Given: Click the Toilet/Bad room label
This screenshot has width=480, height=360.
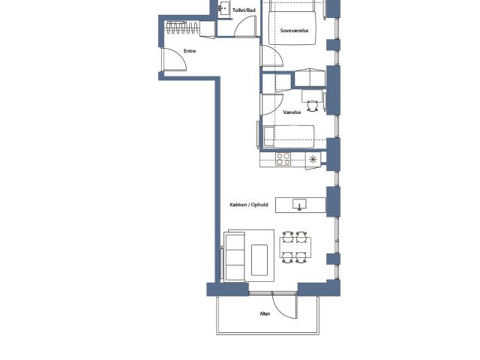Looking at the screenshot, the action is click(244, 10).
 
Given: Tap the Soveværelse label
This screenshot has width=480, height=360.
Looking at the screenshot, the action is click(294, 31).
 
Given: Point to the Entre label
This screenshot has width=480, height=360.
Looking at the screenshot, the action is click(190, 51).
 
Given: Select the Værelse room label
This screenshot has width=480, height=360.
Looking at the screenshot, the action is click(292, 112).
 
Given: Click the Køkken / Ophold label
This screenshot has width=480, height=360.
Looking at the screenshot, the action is click(249, 205).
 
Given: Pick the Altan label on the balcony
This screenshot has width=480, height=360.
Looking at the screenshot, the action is click(265, 313).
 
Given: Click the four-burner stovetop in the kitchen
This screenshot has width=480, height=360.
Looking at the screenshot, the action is click(283, 159).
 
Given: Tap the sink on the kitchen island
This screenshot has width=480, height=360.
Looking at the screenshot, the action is click(299, 205).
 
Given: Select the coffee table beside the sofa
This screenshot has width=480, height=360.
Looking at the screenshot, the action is click(259, 260).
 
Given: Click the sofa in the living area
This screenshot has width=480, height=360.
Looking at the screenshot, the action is click(235, 256).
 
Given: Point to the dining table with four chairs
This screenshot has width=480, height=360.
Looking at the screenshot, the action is click(295, 247).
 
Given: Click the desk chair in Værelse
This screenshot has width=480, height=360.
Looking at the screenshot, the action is click(312, 106).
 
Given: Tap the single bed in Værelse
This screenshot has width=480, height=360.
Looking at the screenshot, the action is click(289, 136).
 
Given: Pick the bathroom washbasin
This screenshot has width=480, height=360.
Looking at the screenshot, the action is click(223, 8).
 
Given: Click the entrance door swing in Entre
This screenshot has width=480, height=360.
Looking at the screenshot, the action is click(180, 55).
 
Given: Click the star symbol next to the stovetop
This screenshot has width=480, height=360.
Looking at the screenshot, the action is click(313, 160).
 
